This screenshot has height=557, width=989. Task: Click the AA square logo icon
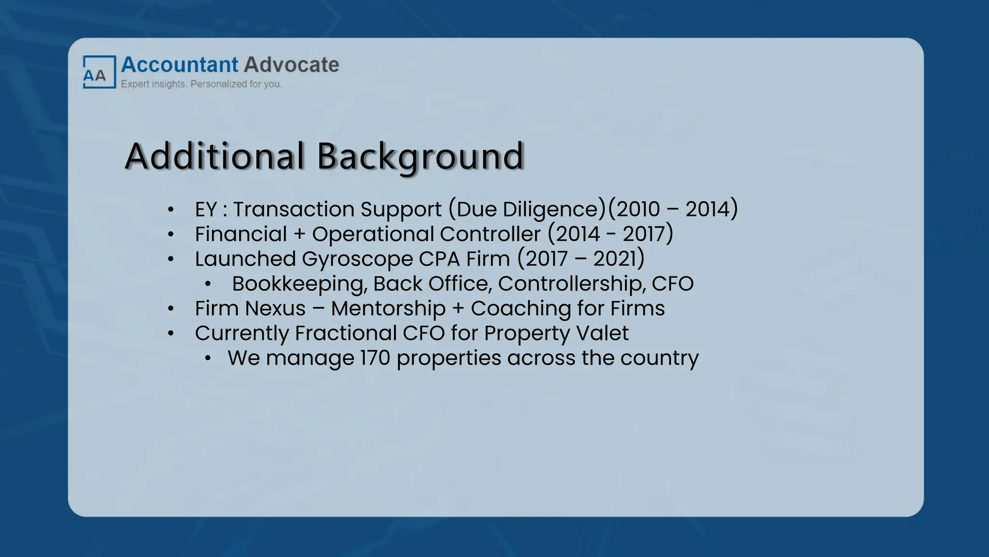[99, 72]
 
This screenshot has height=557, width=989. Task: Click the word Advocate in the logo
[291, 65]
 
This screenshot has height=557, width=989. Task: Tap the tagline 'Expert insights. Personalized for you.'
[201, 84]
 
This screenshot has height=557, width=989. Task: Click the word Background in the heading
[420, 156]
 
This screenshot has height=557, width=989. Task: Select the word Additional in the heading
[215, 156]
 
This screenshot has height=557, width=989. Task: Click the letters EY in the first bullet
[206, 209]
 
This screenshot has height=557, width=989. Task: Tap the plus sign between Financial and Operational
[299, 235]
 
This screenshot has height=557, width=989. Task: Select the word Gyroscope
[357, 259]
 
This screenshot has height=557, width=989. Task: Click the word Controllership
[571, 284]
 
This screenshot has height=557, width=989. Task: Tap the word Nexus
[278, 308]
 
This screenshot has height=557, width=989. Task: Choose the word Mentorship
[388, 308]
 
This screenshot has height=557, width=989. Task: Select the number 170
[375, 358]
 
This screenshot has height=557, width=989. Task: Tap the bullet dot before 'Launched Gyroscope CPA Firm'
[170, 259]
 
